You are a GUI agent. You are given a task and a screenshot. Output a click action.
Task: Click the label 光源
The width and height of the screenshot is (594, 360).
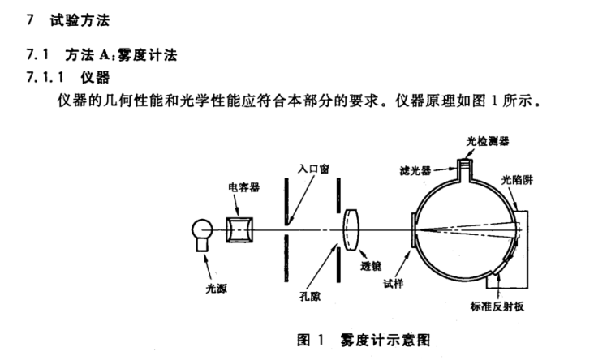(217, 286)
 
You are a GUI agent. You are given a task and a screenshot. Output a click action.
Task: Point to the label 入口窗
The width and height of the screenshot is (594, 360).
(312, 168)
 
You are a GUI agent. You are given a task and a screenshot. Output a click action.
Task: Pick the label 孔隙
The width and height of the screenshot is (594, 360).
(311, 297)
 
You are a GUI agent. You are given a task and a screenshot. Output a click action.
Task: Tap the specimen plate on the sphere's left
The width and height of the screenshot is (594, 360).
(414, 230)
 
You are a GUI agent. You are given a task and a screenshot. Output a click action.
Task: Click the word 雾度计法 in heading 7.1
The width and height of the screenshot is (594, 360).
(148, 55)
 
